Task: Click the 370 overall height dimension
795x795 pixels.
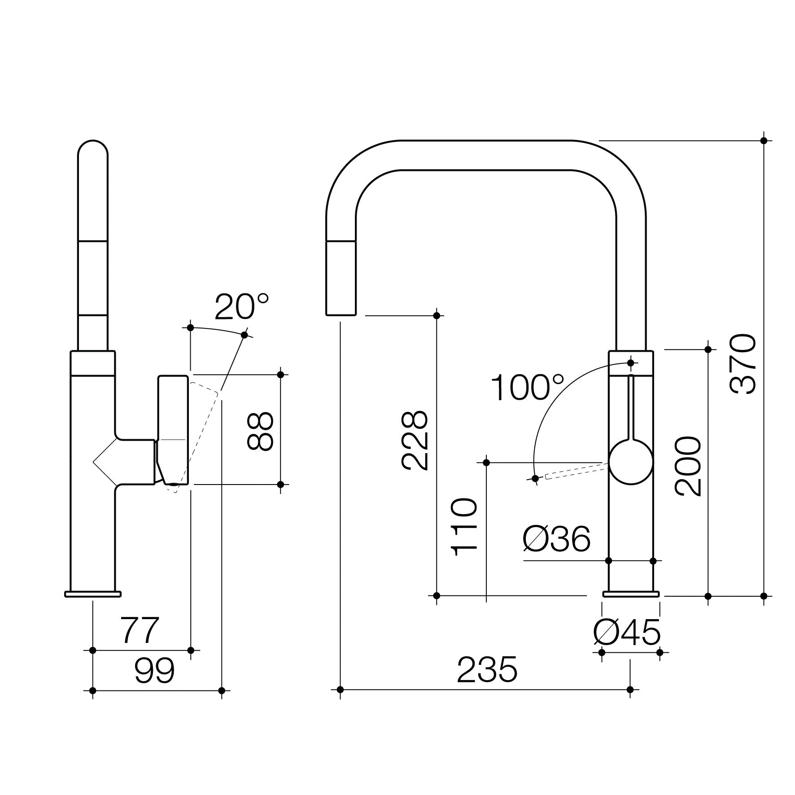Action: click(x=743, y=364)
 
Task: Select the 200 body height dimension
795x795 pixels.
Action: click(x=687, y=467)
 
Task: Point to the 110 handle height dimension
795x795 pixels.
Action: click(x=464, y=528)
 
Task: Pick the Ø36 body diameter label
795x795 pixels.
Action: click(x=556, y=539)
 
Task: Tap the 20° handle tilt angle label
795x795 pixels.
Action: click(x=241, y=307)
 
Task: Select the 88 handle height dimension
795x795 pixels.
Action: click(x=260, y=431)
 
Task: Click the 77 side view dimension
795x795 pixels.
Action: click(x=140, y=630)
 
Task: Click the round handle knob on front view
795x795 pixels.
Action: click(x=631, y=462)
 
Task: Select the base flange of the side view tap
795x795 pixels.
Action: click(x=93, y=594)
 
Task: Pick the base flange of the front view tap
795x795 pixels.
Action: click(x=631, y=594)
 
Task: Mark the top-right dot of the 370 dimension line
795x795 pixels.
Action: click(x=764, y=140)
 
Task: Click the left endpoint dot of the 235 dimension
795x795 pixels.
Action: click(x=340, y=690)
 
